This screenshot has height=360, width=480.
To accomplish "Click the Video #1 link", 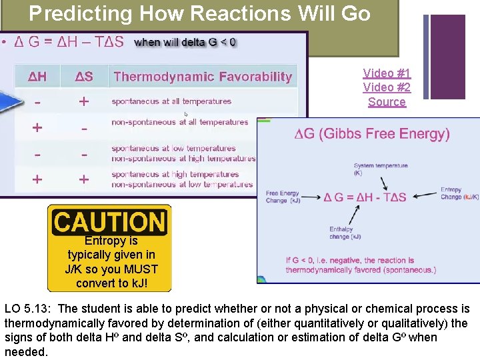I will [387, 73].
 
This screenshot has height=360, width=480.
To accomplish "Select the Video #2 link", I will [387, 87].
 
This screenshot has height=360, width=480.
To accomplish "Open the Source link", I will [387, 102].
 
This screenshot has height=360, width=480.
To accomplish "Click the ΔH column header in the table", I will [37, 77].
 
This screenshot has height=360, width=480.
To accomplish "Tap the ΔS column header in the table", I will [83, 77].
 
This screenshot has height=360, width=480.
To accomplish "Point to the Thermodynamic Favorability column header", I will [203, 77].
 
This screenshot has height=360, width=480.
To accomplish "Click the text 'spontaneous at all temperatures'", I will [171, 102].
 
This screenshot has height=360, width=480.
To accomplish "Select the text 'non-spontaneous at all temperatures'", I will [179, 123].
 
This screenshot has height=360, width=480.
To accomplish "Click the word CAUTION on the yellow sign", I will [109, 222].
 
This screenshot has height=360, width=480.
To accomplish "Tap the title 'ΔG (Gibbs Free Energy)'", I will [372, 134].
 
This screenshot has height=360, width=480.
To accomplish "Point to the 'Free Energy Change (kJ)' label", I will [283, 197].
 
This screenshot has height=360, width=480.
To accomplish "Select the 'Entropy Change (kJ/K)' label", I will [459, 193].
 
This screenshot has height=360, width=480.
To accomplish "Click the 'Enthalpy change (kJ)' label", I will [345, 233].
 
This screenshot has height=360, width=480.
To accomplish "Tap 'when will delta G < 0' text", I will [185, 43].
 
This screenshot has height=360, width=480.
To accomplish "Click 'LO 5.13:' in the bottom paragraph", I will [29, 309].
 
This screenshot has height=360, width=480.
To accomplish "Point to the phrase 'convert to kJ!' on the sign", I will [111, 283].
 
